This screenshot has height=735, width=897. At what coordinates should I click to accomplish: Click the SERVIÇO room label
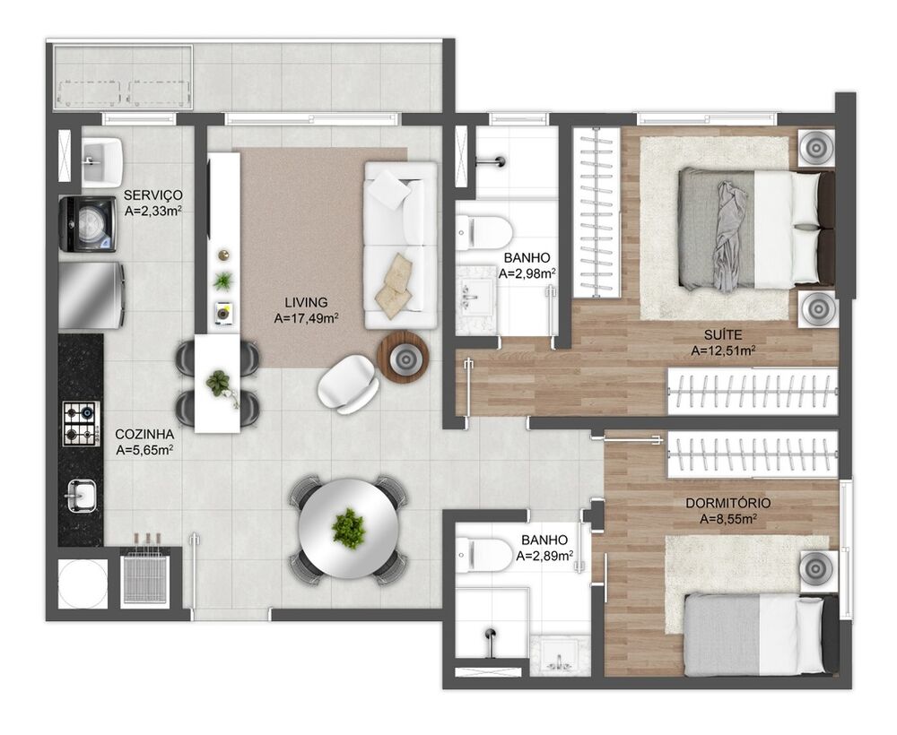pyautogui.click(x=152, y=195)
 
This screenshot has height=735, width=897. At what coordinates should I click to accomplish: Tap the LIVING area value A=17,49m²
pyautogui.click(x=306, y=318)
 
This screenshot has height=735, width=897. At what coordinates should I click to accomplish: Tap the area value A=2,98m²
pyautogui.click(x=527, y=273)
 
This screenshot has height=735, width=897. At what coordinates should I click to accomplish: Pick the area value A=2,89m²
pyautogui.click(x=544, y=556)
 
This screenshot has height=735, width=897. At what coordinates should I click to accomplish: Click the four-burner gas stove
pyautogui.click(x=81, y=423)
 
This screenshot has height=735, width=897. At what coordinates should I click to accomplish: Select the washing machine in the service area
pyautogui.click(x=88, y=224)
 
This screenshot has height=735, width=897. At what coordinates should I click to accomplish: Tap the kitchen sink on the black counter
pyautogui.click(x=82, y=496)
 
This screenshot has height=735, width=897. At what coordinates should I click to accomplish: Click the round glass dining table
pyautogui.click(x=349, y=528)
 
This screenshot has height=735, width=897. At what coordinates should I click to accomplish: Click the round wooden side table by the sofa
pyautogui.click(x=404, y=358)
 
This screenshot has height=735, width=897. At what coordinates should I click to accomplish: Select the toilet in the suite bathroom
pyautogui.click(x=484, y=233)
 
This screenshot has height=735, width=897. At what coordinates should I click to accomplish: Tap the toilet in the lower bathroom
pyautogui.click(x=484, y=555)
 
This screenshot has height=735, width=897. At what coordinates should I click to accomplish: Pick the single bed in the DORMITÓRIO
pyautogui.click(x=761, y=635)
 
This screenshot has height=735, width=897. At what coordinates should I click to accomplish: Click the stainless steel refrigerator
pyautogui.click(x=91, y=296)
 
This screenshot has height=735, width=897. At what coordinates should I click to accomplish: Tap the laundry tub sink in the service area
pyautogui.click(x=102, y=161)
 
